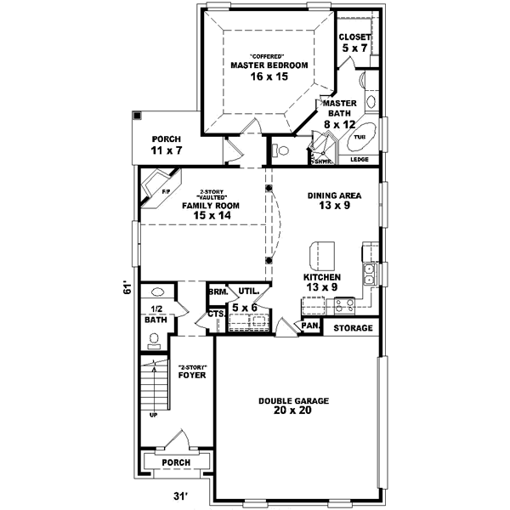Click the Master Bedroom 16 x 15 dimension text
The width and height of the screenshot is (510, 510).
[x=270, y=76]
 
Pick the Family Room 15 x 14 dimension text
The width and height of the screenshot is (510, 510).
[x=212, y=217]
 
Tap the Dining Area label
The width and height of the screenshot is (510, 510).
[x=334, y=195]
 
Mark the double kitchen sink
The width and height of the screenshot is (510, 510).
[x=371, y=274]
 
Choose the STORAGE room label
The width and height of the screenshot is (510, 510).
[x=352, y=328]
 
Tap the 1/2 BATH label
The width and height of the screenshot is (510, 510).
[x=155, y=314]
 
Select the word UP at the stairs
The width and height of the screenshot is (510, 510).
[x=153, y=416]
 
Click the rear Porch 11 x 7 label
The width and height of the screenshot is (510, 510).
[x=167, y=144]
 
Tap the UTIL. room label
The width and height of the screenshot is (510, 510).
[x=248, y=291]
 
